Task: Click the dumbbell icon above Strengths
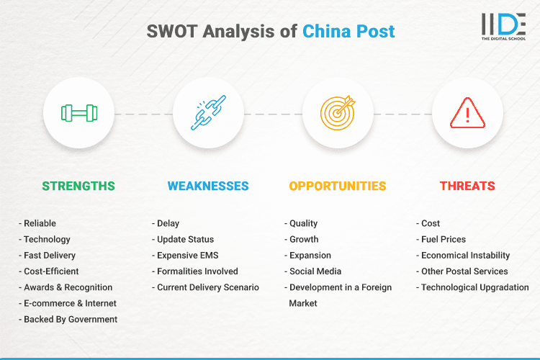pos(78,113)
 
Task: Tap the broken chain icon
pos(208,113)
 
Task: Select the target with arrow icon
pos(338,113)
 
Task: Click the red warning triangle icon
pos(467,113)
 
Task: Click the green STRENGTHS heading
pos(78,186)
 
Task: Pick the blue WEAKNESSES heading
pos(208,186)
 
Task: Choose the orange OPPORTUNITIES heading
pos(338,186)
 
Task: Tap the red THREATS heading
pos(467,186)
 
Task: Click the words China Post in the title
pos(348,32)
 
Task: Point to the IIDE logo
pos(503,26)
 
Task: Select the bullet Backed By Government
pos(70,319)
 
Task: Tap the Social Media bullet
pos(315,271)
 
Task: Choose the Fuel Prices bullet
pos(444,239)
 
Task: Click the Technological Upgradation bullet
pos(474,287)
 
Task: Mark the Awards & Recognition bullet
pos(68,287)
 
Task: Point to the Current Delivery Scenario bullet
pos(207,287)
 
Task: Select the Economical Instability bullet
pos(465,256)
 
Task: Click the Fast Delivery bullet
pos(50,256)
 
